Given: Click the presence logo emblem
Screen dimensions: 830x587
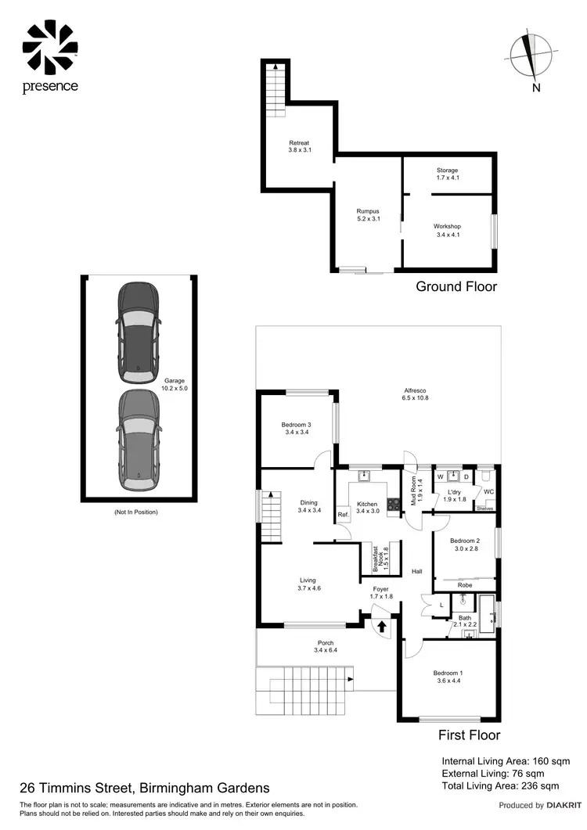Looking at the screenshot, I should point(50,46).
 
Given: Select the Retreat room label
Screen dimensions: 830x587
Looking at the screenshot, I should point(300,143).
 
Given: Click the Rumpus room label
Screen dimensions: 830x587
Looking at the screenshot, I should point(368,211).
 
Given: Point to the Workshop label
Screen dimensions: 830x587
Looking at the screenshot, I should point(448,227).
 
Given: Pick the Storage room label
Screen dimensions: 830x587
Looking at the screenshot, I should point(448,170).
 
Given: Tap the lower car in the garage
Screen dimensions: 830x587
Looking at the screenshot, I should point(138,440).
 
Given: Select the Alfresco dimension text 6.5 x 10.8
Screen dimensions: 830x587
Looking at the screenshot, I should point(415,398).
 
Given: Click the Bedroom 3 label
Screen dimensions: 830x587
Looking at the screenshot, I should point(297,425).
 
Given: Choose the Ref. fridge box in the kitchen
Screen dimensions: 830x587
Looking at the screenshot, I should point(343,515).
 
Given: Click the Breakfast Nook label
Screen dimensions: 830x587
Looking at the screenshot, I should point(380,561).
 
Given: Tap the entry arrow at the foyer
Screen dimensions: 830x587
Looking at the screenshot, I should point(382,625).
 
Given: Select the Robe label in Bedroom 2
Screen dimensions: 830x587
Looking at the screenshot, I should point(464,584).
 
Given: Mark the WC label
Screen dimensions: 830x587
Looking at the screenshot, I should point(488,491).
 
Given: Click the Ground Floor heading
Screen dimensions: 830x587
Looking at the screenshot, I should point(456,286).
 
